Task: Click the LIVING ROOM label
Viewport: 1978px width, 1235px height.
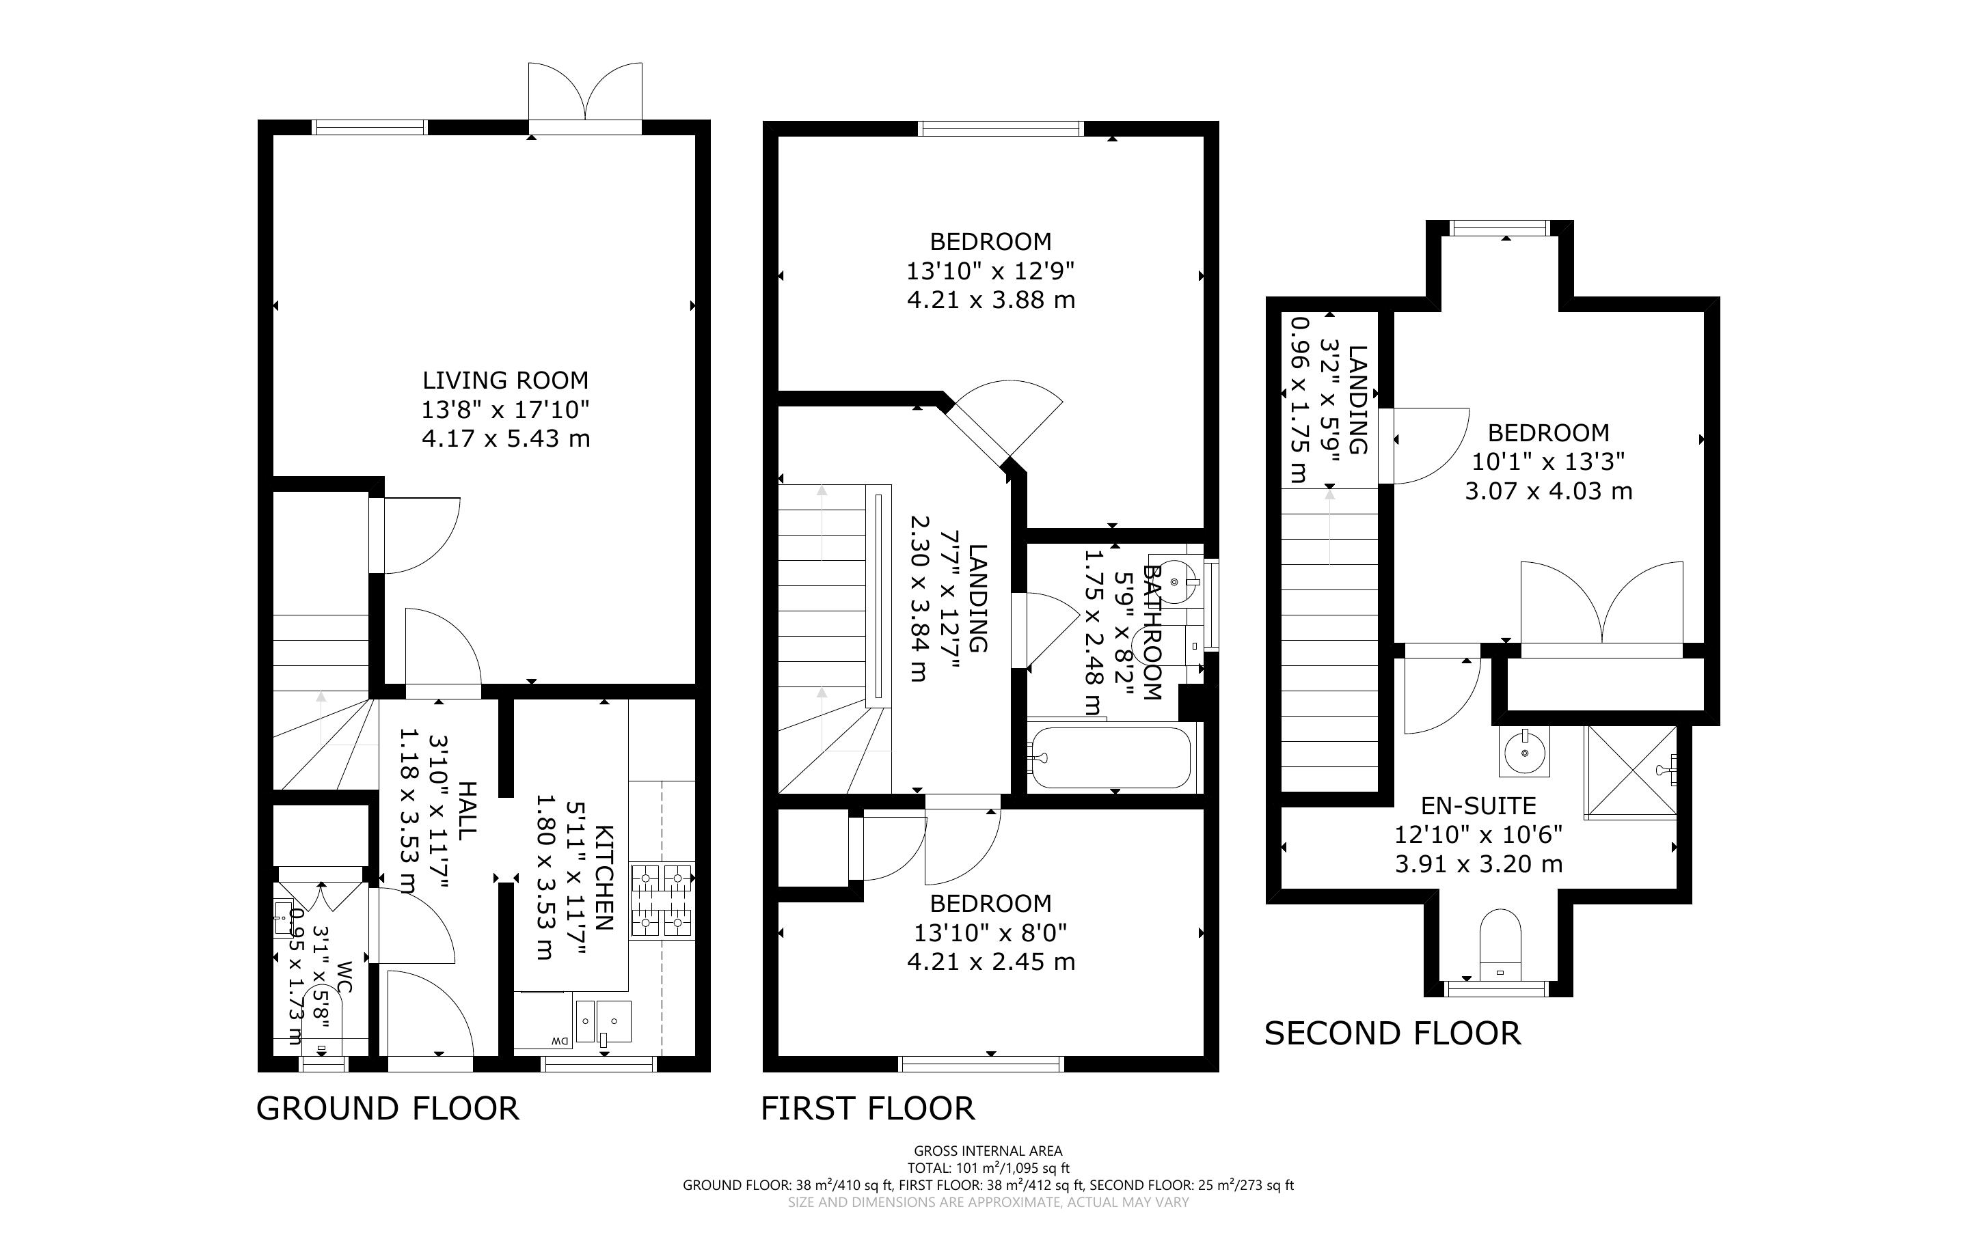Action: pos(505,380)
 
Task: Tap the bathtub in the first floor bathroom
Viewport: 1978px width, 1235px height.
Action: pos(1111,758)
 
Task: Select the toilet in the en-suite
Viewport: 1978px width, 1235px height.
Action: pos(1501,945)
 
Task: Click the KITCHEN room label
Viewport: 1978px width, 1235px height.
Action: pos(604,877)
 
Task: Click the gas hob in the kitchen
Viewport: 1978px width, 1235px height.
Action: pos(662,900)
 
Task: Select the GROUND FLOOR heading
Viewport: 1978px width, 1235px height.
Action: pos(388,1109)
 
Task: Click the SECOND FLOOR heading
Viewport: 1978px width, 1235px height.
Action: pos(1392,1033)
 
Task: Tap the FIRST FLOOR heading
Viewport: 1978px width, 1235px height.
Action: pos(867,1109)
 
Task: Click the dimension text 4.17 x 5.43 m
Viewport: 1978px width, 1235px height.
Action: pos(506,439)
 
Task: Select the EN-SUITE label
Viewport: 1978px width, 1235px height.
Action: pos(1479,806)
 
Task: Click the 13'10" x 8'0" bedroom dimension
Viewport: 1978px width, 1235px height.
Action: pos(990,932)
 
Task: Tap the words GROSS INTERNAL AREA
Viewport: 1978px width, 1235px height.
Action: pos(988,1152)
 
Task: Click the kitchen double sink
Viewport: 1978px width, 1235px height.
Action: pos(603,1022)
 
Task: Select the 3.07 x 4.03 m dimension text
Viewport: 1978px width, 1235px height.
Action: pos(1548,491)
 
